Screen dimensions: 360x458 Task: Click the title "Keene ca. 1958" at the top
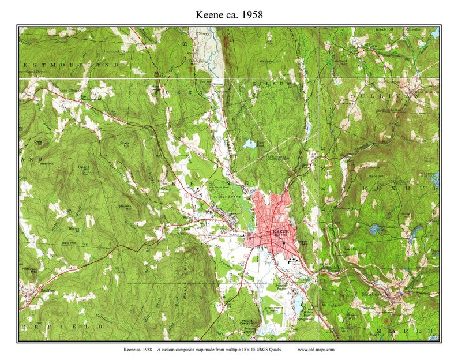pos(229,14)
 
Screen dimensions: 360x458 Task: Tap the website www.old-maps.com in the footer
pos(316,349)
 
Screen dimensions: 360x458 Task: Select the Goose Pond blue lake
pos(249,144)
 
